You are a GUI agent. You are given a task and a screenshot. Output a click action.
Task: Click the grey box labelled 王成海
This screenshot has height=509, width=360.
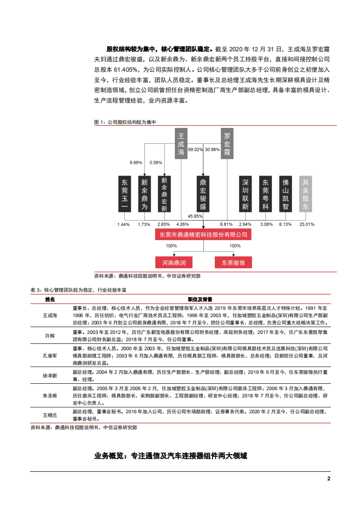click(181, 143)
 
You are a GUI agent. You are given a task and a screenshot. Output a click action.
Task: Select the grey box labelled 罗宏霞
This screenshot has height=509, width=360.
click(227, 143)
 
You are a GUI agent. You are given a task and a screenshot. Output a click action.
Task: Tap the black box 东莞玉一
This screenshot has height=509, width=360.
click(124, 194)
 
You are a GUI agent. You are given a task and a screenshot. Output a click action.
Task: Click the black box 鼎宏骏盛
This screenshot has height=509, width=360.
click(203, 194)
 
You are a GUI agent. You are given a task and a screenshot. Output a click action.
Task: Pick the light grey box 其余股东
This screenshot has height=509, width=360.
click(306, 194)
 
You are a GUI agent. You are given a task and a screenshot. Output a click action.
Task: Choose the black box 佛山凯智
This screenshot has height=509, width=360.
click(285, 194)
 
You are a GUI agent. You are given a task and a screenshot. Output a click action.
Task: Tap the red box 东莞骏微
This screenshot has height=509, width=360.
click(233, 262)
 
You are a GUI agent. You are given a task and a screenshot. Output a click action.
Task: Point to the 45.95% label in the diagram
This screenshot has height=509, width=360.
click(195, 216)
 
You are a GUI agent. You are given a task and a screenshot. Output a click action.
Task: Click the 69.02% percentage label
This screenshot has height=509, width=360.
click(195, 149)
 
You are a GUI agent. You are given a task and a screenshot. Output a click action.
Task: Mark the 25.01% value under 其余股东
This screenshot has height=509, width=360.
click(307, 224)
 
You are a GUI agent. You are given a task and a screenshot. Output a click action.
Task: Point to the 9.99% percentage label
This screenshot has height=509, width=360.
click(136, 162)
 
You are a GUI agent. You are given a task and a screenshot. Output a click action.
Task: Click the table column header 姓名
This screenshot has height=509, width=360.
click(50, 299)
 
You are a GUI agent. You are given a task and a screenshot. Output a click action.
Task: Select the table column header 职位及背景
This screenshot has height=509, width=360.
click(200, 299)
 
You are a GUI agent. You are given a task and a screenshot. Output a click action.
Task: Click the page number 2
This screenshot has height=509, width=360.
click(329, 479)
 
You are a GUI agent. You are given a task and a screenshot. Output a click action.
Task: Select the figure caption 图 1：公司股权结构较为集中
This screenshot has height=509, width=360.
click(124, 122)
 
